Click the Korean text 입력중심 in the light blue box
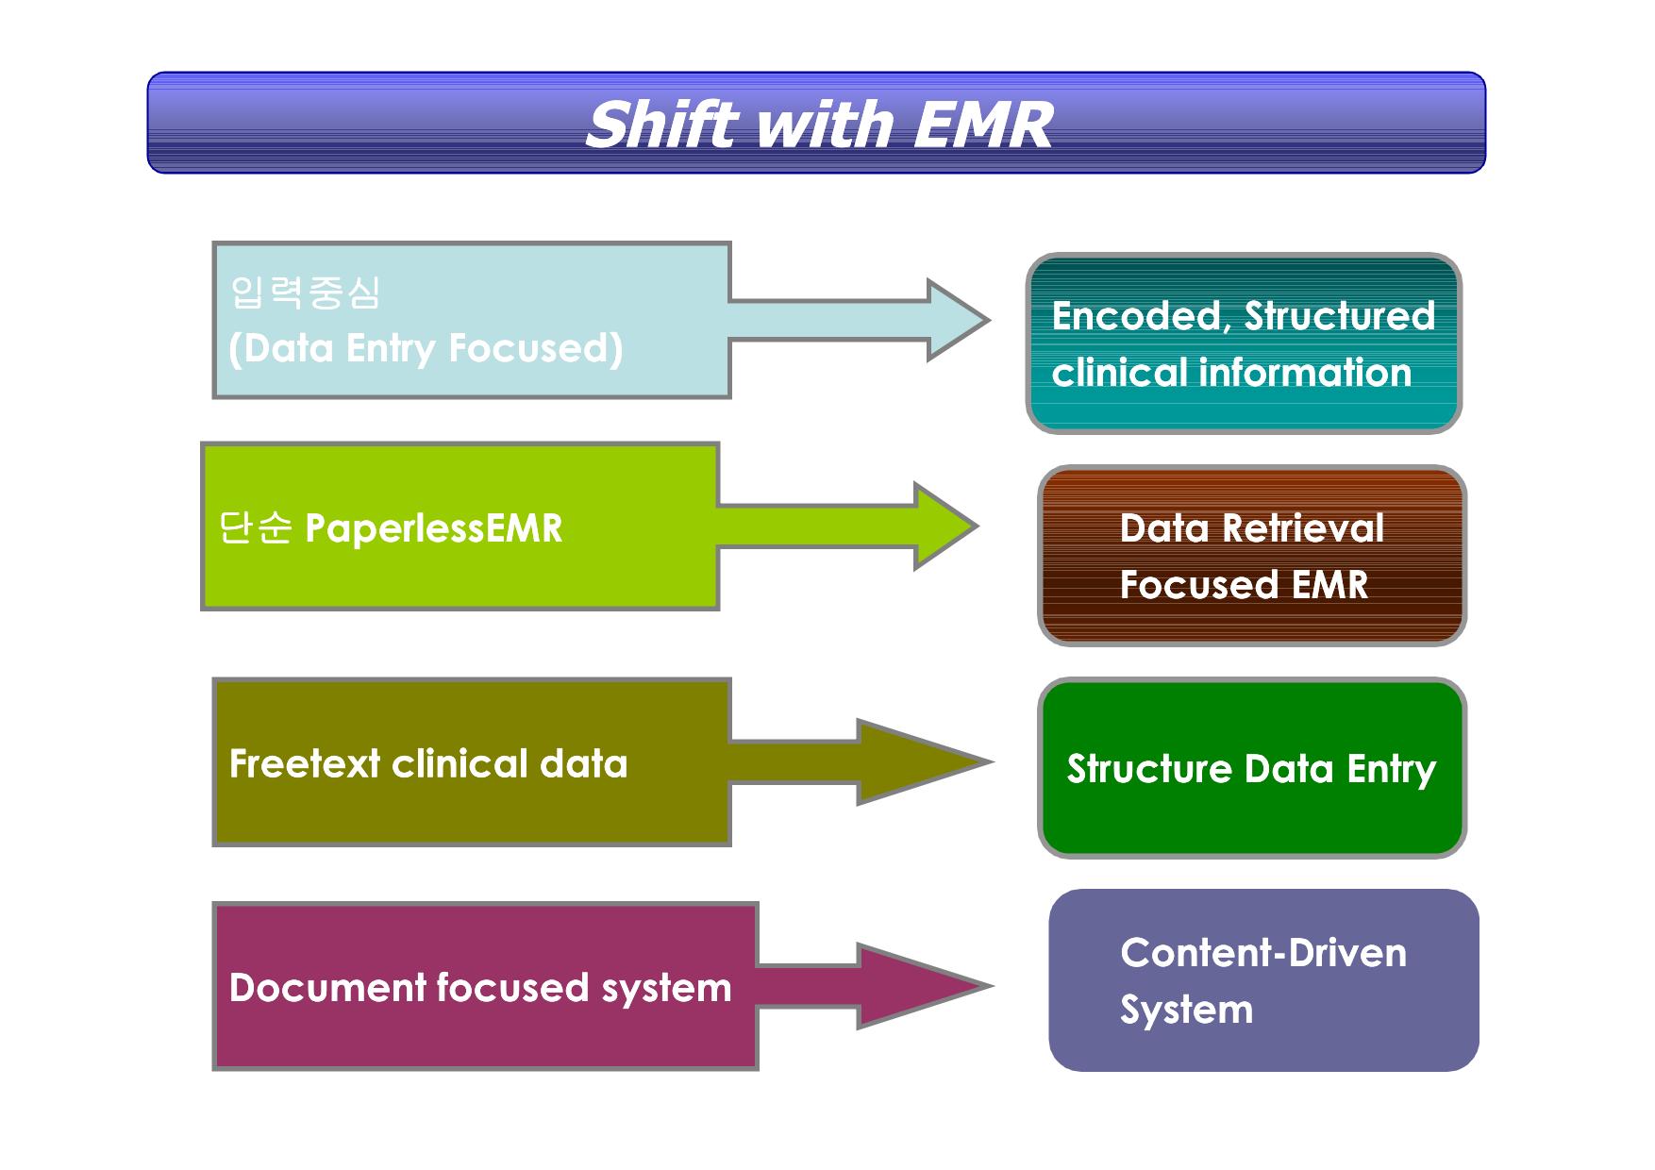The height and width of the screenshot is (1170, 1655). click(305, 292)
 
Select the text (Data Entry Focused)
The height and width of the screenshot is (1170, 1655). click(426, 348)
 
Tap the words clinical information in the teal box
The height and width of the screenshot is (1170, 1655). click(1231, 373)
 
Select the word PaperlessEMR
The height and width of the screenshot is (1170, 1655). click(434, 528)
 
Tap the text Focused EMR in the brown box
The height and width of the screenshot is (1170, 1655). click(1244, 585)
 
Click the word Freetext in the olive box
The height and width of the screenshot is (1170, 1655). click(305, 763)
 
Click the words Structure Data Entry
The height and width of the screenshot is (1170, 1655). click(1251, 769)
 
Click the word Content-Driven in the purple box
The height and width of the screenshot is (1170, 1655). click(1263, 953)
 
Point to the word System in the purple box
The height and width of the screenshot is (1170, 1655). click(1187, 1011)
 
